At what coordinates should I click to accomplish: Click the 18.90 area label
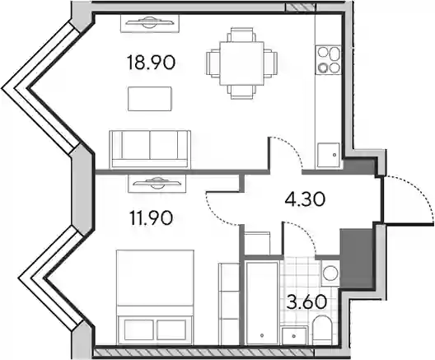point(151,63)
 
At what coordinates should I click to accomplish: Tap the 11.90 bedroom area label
point(152,218)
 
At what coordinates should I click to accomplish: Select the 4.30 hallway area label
point(305,199)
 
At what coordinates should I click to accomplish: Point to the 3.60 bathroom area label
point(306,302)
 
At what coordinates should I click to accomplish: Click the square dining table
point(241,63)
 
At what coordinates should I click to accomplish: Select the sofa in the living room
point(150,149)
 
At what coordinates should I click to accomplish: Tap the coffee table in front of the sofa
point(150,99)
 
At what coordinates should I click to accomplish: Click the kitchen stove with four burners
point(329,60)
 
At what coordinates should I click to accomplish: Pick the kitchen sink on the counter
point(329,155)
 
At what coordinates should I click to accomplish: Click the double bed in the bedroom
point(155,297)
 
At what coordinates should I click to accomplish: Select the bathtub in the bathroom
point(262,302)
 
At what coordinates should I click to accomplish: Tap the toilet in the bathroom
point(321,330)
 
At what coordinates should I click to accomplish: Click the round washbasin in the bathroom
point(330,274)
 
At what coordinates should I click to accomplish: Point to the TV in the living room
point(150,23)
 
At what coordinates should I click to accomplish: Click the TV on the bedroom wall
point(157,184)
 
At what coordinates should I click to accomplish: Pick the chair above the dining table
point(241,35)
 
